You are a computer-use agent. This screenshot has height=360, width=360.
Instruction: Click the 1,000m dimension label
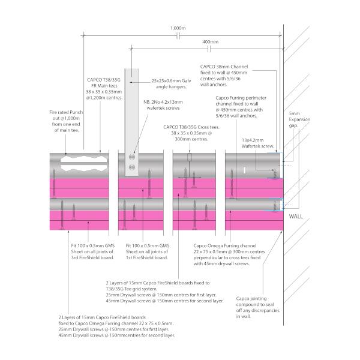coord(178,28)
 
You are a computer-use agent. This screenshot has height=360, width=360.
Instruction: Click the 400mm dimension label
coord(211,42)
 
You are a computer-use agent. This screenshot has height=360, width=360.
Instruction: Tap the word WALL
coord(296,216)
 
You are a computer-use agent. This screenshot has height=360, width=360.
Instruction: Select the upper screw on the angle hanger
coord(132,157)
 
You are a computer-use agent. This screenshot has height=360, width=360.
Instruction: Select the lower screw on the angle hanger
coord(132,167)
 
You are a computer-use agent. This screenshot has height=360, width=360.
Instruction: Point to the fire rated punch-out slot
coord(84,163)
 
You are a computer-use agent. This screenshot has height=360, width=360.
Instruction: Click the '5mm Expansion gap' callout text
coord(299,119)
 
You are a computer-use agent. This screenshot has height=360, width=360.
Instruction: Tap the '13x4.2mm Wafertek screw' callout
coord(257,143)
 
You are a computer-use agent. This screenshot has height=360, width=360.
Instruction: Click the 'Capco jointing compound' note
coord(257,307)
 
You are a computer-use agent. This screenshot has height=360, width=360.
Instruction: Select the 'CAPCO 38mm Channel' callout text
coord(224,76)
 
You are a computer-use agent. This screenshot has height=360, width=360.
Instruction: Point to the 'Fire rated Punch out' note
coord(66,121)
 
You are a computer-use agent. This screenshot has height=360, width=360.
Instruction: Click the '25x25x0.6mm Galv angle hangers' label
coord(171,84)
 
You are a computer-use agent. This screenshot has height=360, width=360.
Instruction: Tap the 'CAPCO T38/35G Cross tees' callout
coord(191,133)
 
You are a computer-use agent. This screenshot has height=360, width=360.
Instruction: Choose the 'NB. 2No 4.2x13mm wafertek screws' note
coord(163,105)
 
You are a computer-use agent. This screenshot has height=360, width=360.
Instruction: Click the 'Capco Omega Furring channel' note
coord(229,254)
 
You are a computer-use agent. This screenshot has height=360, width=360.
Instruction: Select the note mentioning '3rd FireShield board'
coord(93,251)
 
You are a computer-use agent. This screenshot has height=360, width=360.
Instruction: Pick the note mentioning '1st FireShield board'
coord(147,251)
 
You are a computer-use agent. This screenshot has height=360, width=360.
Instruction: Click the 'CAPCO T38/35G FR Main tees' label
coord(104,89)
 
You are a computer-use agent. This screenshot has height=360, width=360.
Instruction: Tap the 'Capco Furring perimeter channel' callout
coord(241,107)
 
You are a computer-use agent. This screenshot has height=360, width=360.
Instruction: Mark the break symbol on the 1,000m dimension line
coord(178,36)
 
